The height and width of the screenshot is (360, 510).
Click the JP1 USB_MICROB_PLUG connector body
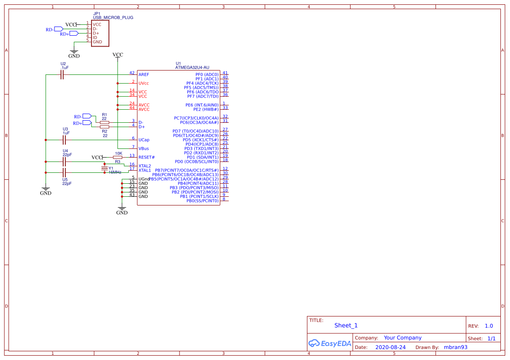[100, 34]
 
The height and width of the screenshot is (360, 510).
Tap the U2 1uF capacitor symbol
[62, 75]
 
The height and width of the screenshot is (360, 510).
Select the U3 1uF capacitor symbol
[64, 140]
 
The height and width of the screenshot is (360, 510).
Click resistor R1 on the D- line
[105, 122]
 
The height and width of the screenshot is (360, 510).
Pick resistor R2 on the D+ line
[105, 127]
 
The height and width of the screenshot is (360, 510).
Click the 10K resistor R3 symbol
[118, 157]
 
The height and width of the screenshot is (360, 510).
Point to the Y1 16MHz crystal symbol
[104, 168]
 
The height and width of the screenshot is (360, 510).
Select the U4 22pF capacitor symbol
[64, 161]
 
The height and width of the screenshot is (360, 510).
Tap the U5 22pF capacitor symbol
[64, 172]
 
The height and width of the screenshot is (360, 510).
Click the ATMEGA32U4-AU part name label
[192, 67]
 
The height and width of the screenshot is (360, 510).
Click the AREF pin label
[144, 75]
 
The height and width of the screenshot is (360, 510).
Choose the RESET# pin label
[147, 157]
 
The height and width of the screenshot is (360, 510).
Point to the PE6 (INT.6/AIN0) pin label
[202, 105]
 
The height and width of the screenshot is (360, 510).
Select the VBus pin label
[144, 148]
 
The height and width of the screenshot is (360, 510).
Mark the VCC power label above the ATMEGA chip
[118, 55]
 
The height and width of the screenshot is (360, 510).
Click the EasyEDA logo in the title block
[330, 343]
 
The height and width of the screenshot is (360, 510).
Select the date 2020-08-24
[390, 347]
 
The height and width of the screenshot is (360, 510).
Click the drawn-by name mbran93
[455, 347]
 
